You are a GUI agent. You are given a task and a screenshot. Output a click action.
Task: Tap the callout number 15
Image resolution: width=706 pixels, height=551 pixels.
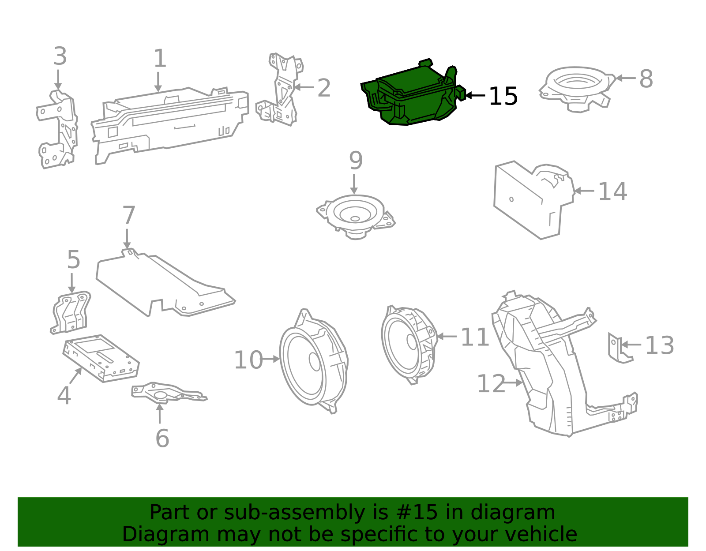pyautogui.click(x=503, y=96)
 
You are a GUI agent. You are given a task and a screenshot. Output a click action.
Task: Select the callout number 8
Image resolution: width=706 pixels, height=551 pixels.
pyautogui.click(x=646, y=79)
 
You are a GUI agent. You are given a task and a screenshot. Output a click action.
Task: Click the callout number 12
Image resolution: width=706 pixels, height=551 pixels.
pyautogui.click(x=491, y=383)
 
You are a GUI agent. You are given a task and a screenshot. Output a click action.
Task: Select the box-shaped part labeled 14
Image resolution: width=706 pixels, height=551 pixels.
pyautogui.click(x=529, y=199)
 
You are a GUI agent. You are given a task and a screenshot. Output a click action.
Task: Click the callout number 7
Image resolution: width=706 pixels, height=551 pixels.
pyautogui.click(x=128, y=215)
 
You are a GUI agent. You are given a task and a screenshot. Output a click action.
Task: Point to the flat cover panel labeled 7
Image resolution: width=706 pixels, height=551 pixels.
pyautogui.click(x=163, y=282)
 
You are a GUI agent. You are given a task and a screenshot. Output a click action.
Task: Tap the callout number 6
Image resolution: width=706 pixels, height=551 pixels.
pyautogui.click(x=162, y=438)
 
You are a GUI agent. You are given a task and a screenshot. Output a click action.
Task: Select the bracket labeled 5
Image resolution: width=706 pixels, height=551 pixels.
pyautogui.click(x=71, y=313)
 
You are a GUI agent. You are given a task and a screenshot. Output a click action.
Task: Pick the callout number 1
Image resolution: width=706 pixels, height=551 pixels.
pyautogui.click(x=160, y=58)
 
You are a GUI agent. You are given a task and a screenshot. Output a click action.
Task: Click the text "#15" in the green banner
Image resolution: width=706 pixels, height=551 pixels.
pyautogui.click(x=417, y=512)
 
